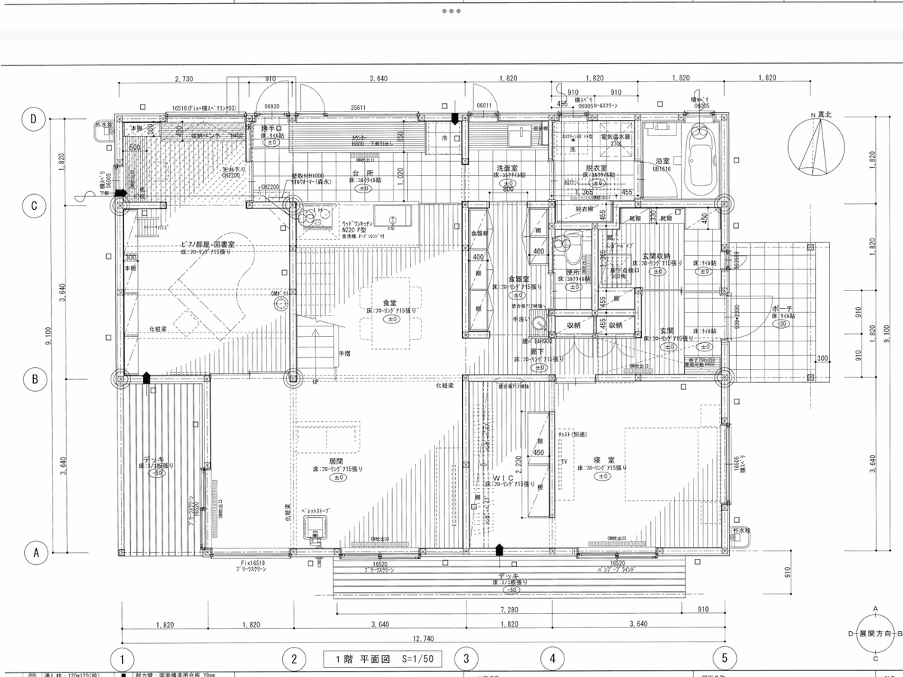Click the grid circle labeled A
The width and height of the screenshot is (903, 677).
pos(35,553)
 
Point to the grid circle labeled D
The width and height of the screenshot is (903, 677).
pos(35,118)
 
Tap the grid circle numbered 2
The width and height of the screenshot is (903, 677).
pos(293,659)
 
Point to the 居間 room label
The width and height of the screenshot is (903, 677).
pos(336,460)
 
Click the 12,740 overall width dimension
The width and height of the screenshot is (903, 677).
pos(423,639)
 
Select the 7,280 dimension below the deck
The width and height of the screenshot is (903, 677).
pos(509,608)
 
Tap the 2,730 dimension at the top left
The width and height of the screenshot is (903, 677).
pos(185,79)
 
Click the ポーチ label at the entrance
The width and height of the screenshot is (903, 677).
pos(782,308)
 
